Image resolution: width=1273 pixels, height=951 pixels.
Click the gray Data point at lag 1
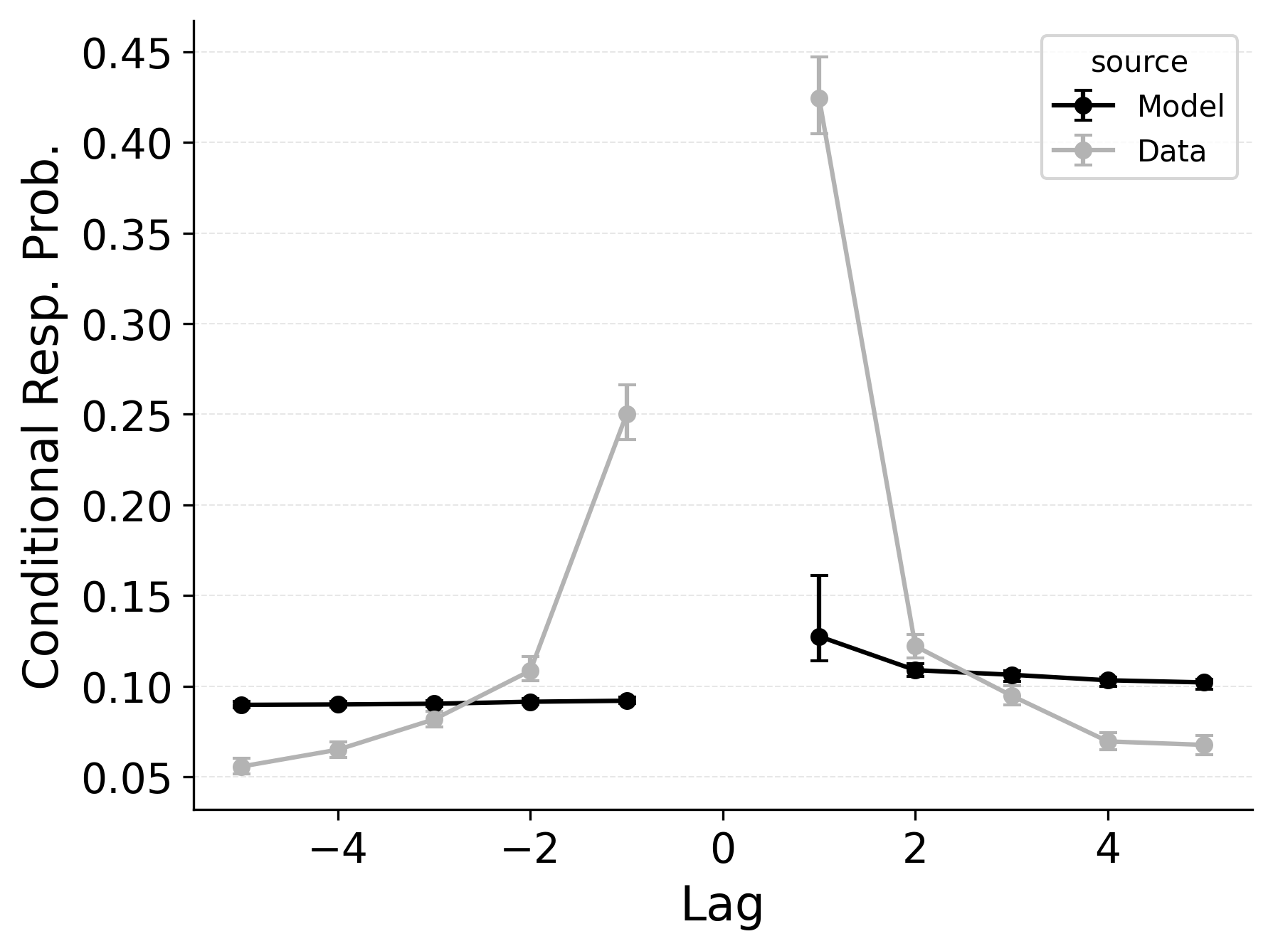point(819,98)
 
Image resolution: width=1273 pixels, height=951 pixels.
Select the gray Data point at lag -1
point(627,414)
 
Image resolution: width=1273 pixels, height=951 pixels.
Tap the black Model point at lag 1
point(819,636)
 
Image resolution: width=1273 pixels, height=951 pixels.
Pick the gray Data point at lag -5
point(241,766)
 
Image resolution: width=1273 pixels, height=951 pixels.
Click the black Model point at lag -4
point(338,704)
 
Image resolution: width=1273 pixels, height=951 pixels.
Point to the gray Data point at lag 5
point(1204,745)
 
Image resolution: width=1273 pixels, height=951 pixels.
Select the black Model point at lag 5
point(1204,682)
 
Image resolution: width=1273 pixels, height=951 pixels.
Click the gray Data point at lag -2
point(530,670)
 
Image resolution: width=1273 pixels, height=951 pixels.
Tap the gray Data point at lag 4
point(1108,741)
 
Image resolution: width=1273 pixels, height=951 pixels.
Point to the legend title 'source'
point(1139,63)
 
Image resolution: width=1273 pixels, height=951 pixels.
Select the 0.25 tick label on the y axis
point(127,416)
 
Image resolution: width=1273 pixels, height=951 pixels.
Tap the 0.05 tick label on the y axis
point(127,779)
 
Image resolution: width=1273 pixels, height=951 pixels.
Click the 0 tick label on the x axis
point(723,851)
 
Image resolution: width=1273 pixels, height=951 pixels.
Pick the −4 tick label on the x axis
point(338,851)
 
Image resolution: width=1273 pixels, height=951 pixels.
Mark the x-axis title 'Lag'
point(722,905)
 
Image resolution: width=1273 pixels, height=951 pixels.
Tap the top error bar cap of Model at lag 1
point(819,575)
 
